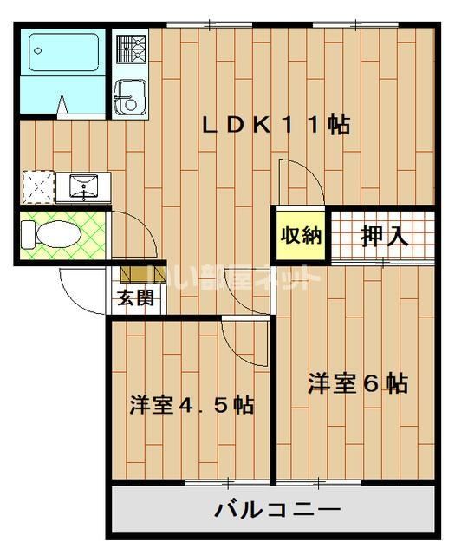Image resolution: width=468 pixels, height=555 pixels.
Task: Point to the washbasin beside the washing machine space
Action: (83, 186)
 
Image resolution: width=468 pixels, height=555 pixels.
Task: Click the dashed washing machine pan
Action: (37, 186)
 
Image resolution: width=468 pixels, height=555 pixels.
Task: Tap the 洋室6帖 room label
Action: (358, 382)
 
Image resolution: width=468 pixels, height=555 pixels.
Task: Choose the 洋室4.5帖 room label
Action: (192, 404)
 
